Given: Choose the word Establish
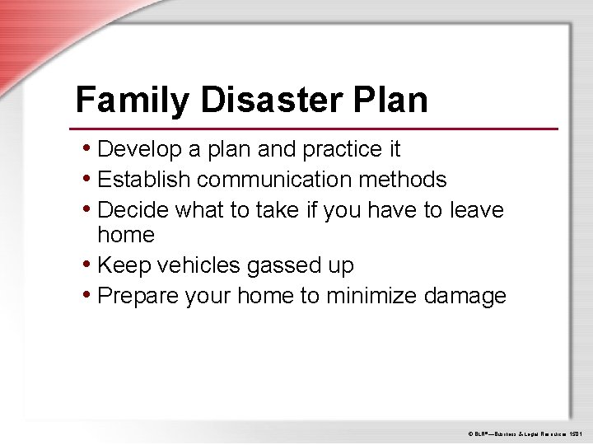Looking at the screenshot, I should (x=144, y=180).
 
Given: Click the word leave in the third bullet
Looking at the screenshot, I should (x=477, y=210).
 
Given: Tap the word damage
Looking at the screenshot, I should (x=465, y=296).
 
